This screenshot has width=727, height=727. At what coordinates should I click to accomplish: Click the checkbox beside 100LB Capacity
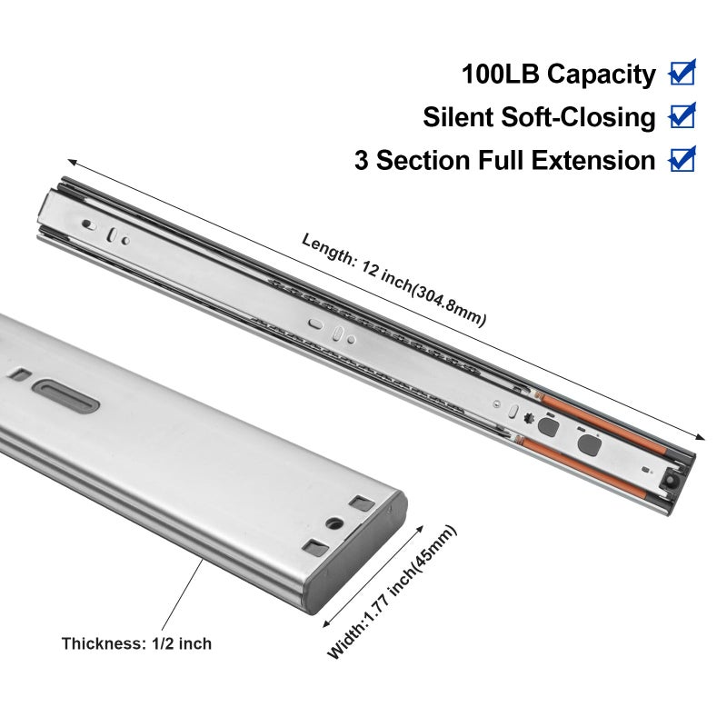[682, 73]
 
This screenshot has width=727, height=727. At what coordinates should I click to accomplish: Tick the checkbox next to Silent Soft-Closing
[682, 116]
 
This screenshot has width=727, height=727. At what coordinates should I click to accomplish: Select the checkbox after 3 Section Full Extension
[682, 159]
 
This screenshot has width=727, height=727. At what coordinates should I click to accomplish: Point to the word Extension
[593, 161]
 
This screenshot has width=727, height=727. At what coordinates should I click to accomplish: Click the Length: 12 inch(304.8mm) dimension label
[393, 279]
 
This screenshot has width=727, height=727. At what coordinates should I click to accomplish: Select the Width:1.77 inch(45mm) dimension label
[393, 593]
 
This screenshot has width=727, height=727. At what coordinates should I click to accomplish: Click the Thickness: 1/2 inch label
[136, 643]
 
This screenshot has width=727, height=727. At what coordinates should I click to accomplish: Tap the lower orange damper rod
[583, 467]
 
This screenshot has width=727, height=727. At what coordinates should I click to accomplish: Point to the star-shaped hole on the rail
[529, 417]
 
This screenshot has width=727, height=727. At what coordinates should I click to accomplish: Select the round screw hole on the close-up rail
[334, 524]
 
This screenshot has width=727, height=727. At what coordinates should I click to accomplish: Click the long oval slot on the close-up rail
[66, 395]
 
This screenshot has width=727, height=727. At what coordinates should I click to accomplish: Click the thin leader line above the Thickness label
[183, 594]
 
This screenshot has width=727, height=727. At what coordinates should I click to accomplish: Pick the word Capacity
[602, 75]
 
